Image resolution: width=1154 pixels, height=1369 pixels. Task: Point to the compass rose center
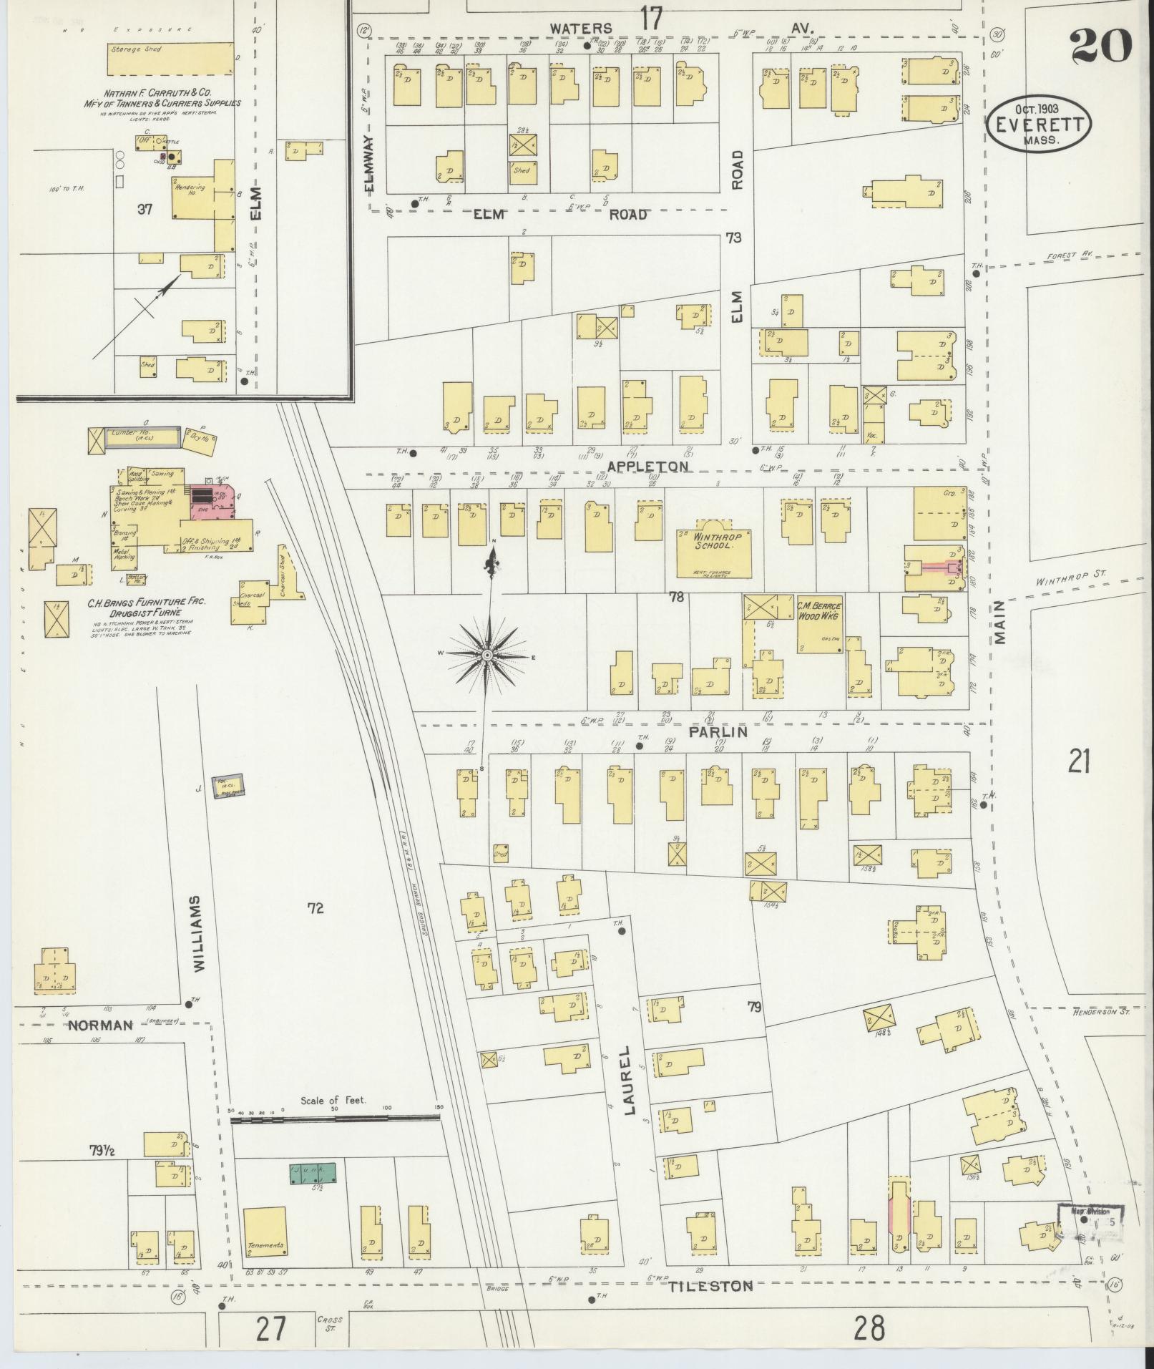pyautogui.click(x=487, y=656)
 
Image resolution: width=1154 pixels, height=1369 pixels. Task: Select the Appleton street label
pyautogui.click(x=647, y=466)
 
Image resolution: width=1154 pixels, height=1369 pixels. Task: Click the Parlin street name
pyautogui.click(x=718, y=732)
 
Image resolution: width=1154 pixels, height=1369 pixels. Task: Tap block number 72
pyautogui.click(x=316, y=908)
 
